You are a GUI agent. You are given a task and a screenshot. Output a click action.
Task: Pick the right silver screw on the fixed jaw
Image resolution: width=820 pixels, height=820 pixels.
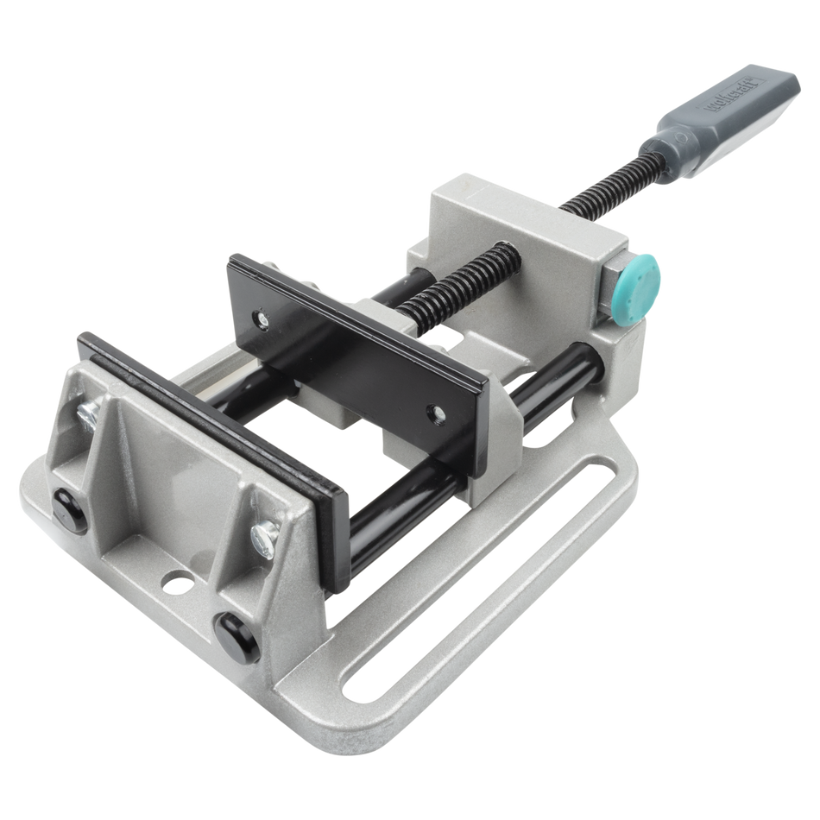pyautogui.click(x=262, y=539)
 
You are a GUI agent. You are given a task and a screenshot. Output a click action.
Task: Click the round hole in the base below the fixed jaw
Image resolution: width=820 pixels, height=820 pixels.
pyautogui.click(x=179, y=583)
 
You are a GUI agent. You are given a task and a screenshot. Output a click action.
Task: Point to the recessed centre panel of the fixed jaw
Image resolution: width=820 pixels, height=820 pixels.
pyautogui.click(x=164, y=492)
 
